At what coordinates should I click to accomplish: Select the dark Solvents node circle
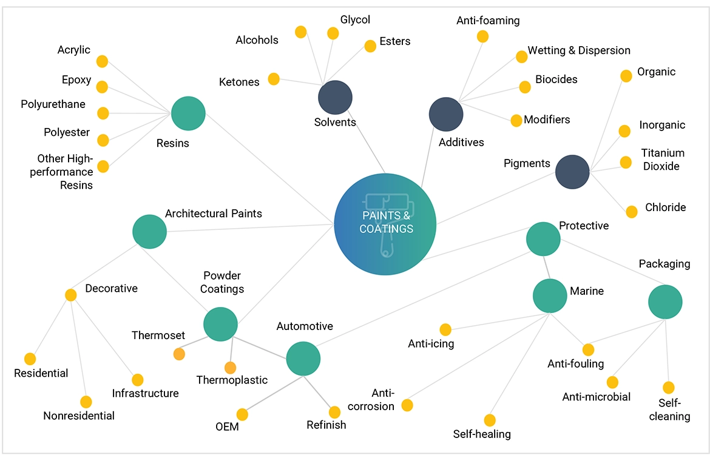point(335,97)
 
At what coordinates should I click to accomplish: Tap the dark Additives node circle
point(446,113)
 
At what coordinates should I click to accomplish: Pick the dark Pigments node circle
point(572,172)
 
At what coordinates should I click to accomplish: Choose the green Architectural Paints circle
point(149,231)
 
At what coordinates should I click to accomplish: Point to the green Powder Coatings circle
point(220,323)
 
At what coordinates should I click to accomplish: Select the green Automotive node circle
point(303,359)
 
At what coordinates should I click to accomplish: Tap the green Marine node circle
point(550,295)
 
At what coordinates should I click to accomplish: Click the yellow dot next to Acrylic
point(102,61)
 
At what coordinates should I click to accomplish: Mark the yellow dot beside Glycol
point(333,33)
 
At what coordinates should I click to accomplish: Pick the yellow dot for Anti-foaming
point(482,36)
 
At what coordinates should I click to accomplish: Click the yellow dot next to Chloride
point(632,212)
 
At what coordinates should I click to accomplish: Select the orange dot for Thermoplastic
point(230,368)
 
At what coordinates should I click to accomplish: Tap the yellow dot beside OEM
point(242,414)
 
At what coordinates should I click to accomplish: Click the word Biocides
point(556,79)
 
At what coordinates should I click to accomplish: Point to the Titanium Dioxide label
point(663,160)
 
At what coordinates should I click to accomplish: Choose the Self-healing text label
point(482,434)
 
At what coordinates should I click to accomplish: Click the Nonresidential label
point(79,416)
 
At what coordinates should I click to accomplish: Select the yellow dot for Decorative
point(71,295)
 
